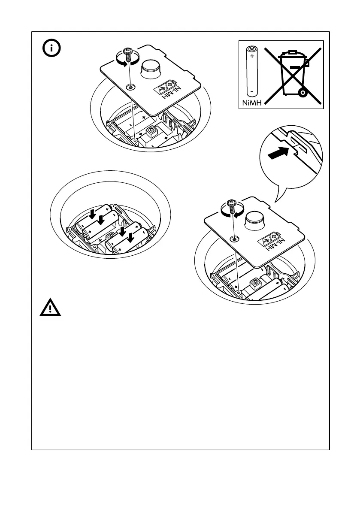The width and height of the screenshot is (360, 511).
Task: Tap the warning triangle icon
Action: tap(51, 308)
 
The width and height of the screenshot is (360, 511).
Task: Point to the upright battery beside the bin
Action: tap(251, 71)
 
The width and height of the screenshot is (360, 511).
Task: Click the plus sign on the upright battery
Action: tap(251, 56)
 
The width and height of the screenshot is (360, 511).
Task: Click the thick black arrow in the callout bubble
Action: tap(278, 153)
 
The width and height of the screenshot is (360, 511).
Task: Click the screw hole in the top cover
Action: tap(130, 87)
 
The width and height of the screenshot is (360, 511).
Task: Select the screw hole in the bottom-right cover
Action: tap(234, 238)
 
